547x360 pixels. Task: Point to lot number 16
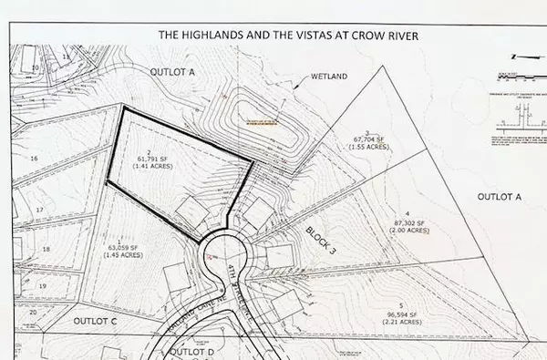(33, 158)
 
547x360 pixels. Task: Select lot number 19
(43, 285)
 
